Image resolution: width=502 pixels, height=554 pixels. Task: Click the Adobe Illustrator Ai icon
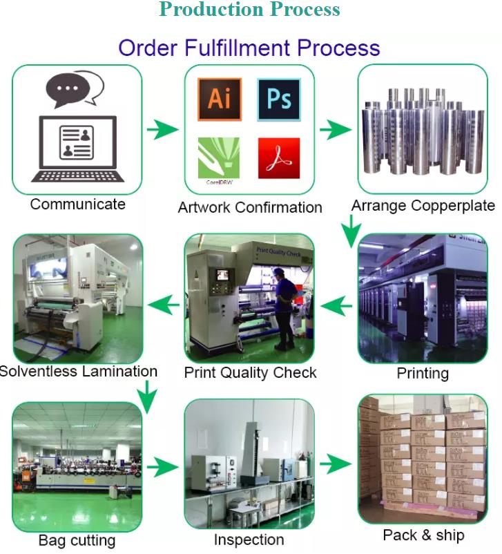220,99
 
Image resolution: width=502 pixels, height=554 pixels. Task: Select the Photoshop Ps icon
279,99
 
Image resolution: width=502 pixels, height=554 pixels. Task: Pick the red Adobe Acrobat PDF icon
279,158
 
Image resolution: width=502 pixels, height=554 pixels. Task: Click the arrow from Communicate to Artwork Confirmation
162,129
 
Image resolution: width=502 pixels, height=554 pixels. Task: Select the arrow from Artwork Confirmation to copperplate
336,129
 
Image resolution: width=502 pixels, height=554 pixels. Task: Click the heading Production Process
249,10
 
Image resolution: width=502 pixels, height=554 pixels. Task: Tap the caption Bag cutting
77,540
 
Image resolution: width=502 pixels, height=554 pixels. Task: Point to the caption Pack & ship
423,535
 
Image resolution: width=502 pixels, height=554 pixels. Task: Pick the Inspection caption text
249,540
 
